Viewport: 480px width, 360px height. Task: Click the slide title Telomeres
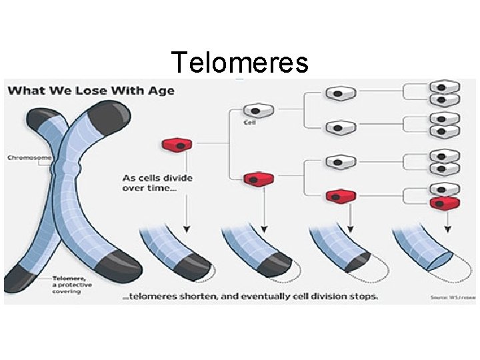(240, 63)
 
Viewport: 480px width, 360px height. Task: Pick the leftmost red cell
(177, 144)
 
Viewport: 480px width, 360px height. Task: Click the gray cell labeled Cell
(255, 110)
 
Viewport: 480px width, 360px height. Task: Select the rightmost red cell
(444, 203)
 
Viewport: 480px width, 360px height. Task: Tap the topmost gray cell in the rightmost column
(444, 87)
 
